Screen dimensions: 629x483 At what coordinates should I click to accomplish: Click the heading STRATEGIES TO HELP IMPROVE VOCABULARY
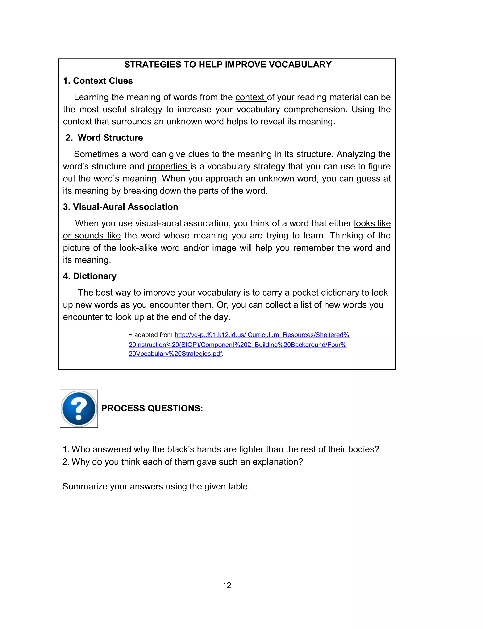pos(228,65)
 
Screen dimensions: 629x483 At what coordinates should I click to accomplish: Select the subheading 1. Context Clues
pos(98,81)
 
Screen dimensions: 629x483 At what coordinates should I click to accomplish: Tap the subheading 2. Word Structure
pos(104,138)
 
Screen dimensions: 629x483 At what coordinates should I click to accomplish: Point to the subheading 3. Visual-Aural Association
pos(121,207)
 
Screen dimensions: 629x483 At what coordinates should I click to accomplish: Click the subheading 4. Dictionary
pos(90,276)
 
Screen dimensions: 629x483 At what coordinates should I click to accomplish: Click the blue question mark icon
pos(79,408)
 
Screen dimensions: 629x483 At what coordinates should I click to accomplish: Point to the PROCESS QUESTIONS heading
pos(152,408)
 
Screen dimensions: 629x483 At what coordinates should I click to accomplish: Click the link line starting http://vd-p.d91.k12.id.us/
pos(262,335)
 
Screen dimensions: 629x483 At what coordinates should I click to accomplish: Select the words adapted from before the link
pos(153,335)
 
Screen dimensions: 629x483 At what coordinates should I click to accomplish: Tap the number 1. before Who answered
pos(66,449)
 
